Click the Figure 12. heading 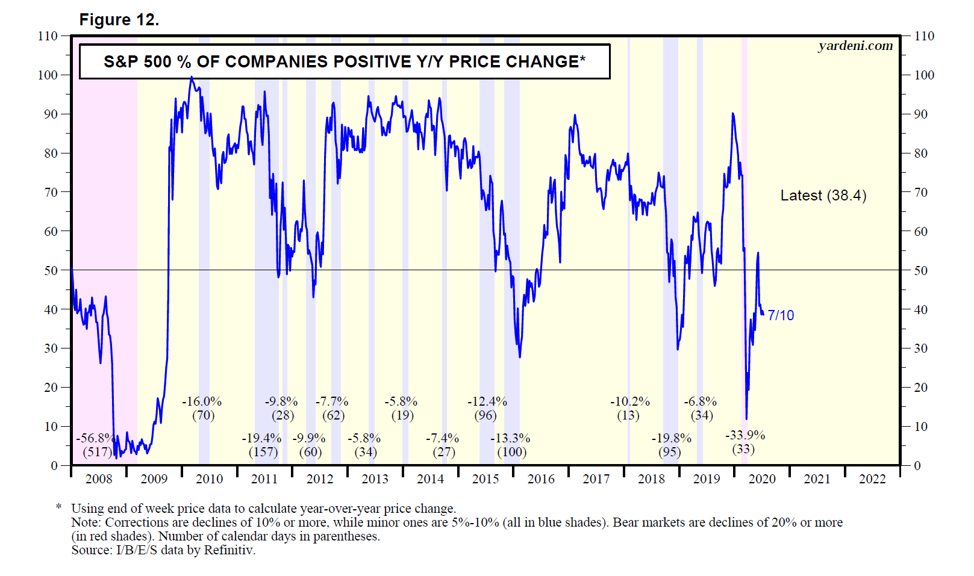(119, 20)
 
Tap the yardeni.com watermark (855, 46)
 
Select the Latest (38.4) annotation (823, 196)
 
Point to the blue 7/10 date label (781, 315)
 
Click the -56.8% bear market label (96, 438)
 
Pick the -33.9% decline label (745, 435)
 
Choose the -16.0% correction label (202, 401)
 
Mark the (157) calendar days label (263, 452)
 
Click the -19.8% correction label (671, 438)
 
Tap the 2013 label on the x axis (375, 479)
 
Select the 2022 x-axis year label (872, 479)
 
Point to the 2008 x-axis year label (99, 479)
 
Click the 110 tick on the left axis (48, 36)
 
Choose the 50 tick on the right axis (920, 270)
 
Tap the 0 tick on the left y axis (54, 465)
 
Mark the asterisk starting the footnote (59, 507)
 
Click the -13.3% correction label (510, 438)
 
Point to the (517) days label (97, 452)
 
